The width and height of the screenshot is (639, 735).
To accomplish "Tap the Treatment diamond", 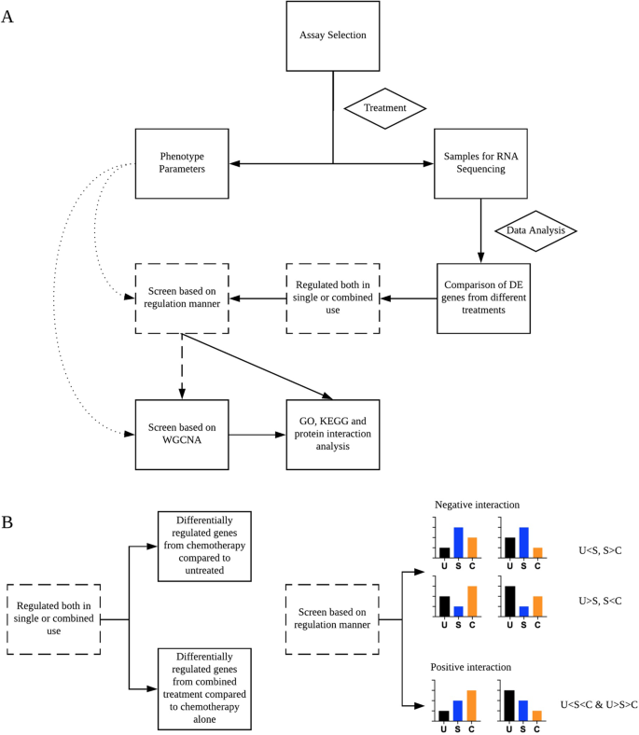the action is click(x=385, y=108).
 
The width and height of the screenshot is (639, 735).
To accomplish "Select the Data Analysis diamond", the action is click(x=535, y=230).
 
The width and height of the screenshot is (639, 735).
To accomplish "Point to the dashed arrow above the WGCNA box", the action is click(x=182, y=367).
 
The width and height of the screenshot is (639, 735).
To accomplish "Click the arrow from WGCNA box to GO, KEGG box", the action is click(x=257, y=435).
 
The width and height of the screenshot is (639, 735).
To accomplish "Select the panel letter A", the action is click(x=7, y=17).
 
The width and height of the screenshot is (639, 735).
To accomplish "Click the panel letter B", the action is click(x=7, y=521).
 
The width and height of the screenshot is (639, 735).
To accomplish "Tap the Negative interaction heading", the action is click(x=477, y=505).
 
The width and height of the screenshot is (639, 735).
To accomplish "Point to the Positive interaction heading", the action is click(x=471, y=667).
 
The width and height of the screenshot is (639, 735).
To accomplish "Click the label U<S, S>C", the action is click(x=600, y=550).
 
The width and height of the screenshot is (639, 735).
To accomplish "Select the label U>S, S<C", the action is click(x=600, y=601).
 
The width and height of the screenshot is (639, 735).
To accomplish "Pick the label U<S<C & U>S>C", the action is click(x=599, y=704).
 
